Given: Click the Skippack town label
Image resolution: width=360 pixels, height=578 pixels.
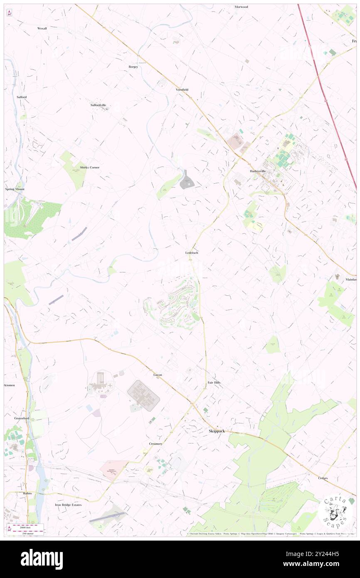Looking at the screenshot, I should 216,431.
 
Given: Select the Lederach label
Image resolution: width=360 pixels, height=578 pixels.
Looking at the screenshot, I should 192,253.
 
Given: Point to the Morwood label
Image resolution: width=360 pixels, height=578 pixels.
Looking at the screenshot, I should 241,7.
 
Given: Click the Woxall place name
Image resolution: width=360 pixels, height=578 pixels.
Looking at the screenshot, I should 42,28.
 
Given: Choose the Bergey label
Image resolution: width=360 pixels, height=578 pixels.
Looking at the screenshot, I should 133,67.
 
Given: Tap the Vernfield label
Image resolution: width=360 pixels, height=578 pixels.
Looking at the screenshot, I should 182,90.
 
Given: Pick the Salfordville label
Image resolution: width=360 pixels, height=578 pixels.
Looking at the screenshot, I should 99,105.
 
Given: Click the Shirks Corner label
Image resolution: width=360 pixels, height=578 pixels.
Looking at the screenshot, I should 89,167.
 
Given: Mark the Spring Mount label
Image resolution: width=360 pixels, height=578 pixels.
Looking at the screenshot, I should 15,189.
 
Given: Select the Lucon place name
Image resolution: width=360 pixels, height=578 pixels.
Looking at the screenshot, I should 158,375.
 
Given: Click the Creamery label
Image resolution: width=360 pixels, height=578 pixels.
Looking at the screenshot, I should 155,444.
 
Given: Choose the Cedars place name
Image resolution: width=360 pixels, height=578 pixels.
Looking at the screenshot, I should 323,478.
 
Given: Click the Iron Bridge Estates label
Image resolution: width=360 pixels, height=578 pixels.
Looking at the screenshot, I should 69,505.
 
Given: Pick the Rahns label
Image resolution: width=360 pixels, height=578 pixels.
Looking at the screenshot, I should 27,493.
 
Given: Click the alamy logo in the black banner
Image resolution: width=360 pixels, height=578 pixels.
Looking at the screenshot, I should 42,559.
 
